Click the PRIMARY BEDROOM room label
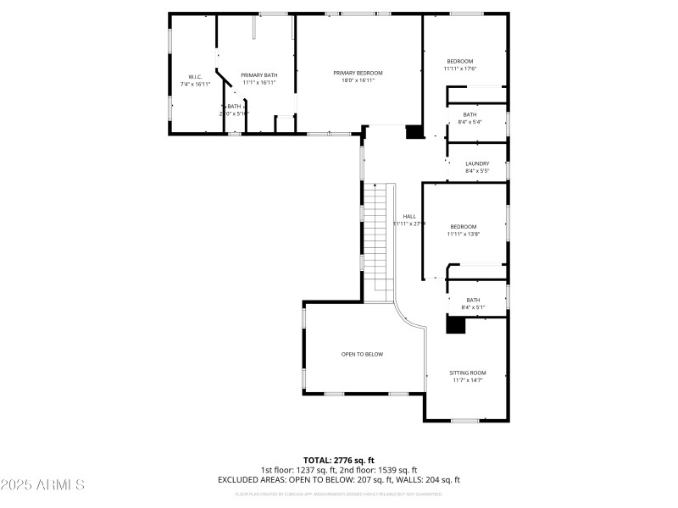tap(358, 73)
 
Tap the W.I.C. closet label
tap(195, 77)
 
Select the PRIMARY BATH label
tap(259, 75)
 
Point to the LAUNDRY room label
tap(477, 163)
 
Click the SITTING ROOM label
tap(467, 373)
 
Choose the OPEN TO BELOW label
tap(362, 354)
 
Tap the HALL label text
tap(409, 216)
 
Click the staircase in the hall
tap(379, 241)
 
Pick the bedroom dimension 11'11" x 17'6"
tap(460, 69)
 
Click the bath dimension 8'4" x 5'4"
tap(470, 122)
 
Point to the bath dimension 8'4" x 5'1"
tap(472, 306)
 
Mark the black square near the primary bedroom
tap(414, 131)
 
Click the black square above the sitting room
tap(457, 324)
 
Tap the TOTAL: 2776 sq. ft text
tap(338, 460)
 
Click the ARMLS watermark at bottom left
tap(42, 485)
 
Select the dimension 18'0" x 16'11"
tap(358, 80)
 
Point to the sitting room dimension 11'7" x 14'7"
tap(467, 380)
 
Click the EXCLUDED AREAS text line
tap(338, 479)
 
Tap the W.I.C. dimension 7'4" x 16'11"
tap(195, 85)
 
